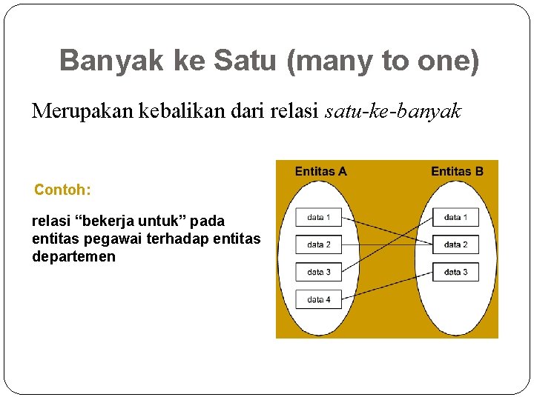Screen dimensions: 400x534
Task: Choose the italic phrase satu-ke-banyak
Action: pos(393,112)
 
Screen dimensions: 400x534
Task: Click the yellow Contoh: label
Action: pos(63,190)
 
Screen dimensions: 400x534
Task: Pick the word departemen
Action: pos(73,256)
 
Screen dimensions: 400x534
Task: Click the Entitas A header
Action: pos(320,172)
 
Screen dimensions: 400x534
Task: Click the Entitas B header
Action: pos(457,172)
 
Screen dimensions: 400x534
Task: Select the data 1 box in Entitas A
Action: pos(319,217)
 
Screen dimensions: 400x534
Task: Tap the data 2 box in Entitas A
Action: pos(319,244)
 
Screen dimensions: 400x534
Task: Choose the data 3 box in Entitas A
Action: pos(319,272)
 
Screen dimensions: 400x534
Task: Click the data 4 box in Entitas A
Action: pos(319,299)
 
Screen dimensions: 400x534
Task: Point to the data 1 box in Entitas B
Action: pos(456,217)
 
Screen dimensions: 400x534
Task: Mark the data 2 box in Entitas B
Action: pos(456,244)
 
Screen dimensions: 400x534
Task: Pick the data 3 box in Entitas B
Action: pos(456,272)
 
